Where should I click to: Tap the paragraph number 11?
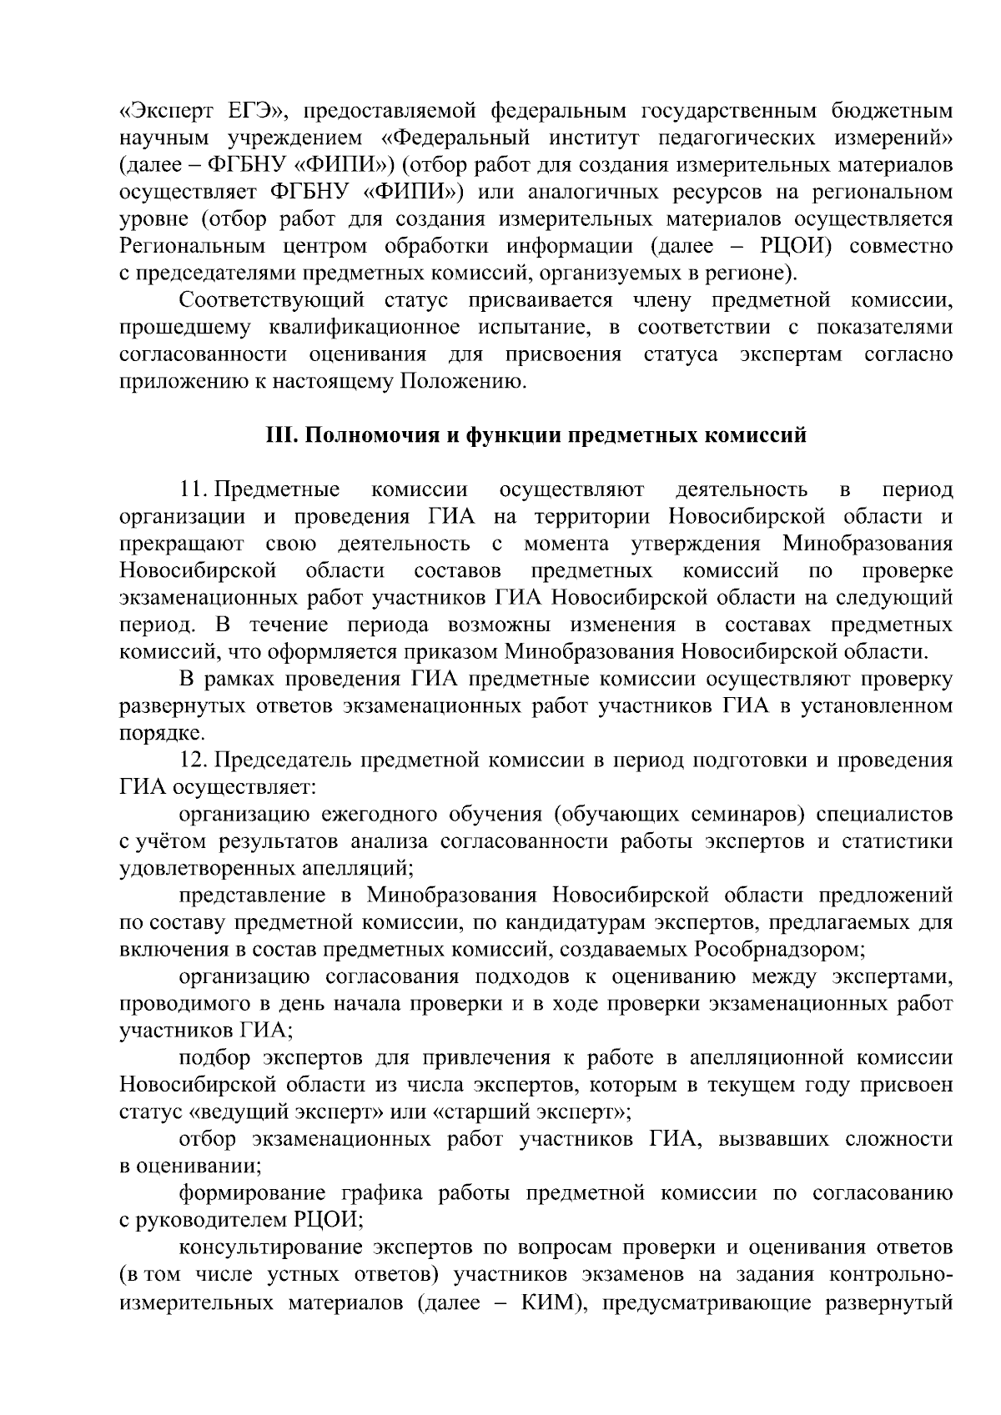(192, 489)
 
